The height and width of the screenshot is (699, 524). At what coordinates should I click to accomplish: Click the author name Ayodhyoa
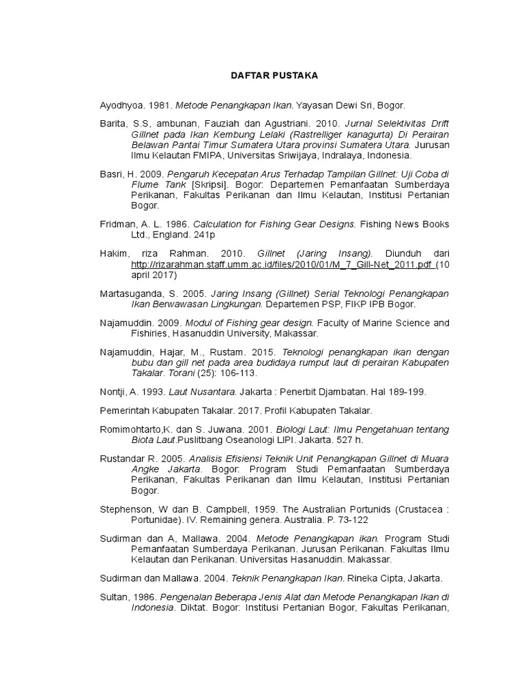point(117,105)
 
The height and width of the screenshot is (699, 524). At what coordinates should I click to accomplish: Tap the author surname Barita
point(113,124)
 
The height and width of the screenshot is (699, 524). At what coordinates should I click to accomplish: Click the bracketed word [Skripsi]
point(211,184)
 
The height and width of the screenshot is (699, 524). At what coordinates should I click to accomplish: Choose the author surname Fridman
point(117,224)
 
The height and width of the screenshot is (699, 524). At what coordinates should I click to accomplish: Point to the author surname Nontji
point(112,392)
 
